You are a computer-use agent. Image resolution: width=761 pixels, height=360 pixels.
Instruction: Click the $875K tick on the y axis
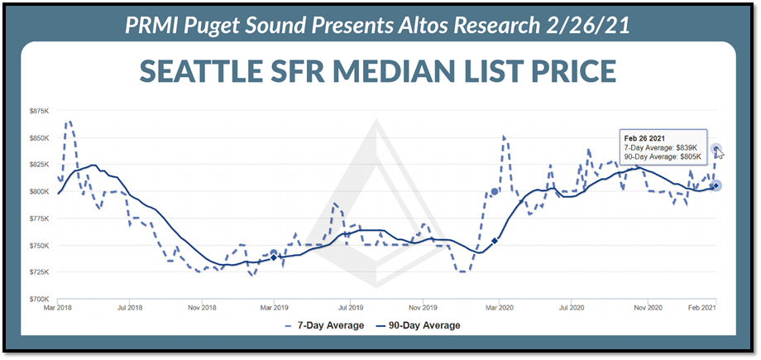(40, 110)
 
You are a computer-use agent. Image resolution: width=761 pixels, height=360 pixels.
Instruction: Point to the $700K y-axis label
(40, 299)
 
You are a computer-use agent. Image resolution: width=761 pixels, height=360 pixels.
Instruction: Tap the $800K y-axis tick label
(40, 191)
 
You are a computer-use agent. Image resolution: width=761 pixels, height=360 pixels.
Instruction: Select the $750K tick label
(40, 245)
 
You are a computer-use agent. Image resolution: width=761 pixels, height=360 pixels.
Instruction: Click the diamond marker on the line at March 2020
(495, 241)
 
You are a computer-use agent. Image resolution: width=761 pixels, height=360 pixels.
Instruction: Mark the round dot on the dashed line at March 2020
(495, 191)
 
